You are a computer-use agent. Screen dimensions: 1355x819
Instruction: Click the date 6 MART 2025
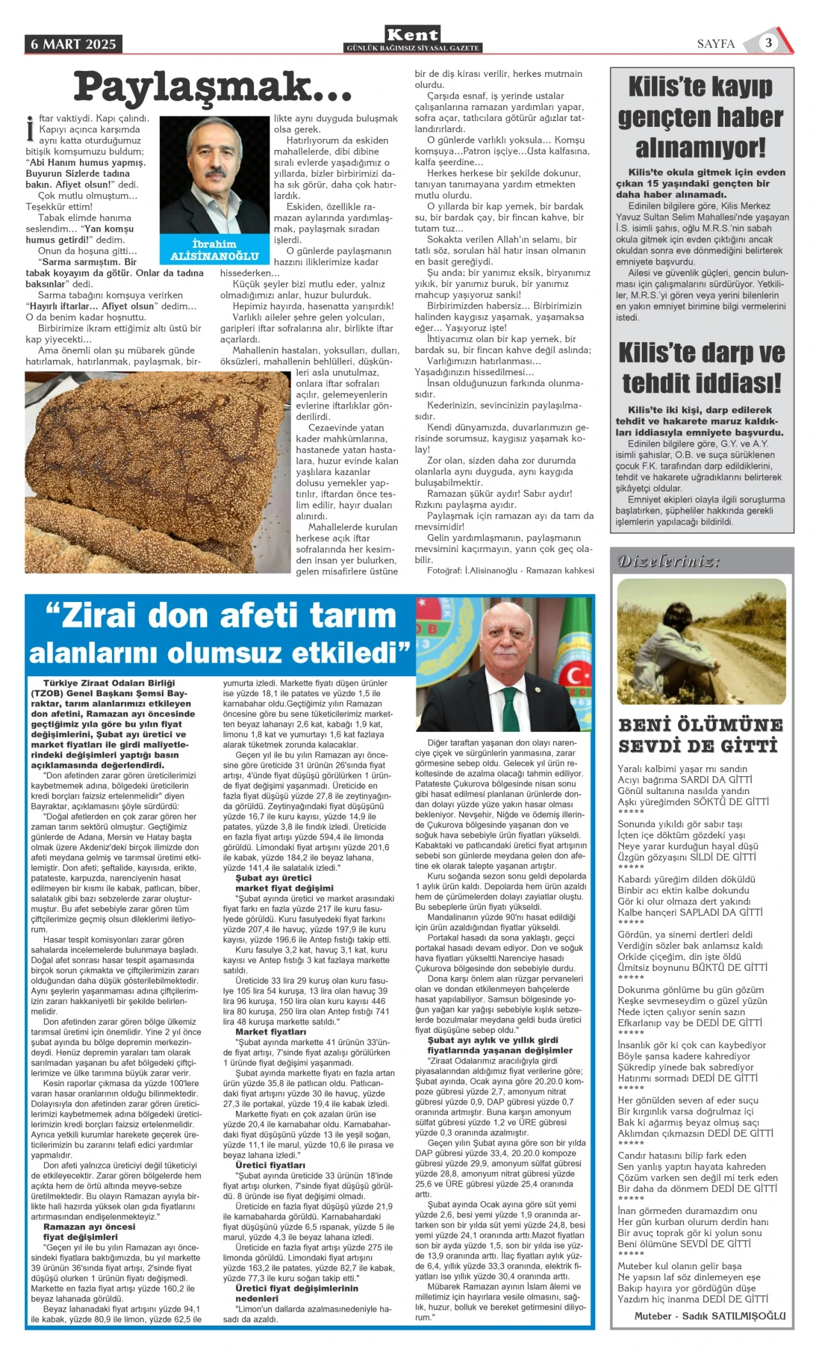click(x=74, y=44)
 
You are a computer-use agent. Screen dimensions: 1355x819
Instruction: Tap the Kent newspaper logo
click(x=413, y=36)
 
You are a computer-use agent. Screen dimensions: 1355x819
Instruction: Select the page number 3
click(x=768, y=43)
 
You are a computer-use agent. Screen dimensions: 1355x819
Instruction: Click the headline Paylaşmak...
click(x=212, y=88)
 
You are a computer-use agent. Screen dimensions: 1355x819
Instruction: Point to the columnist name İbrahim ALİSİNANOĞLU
click(x=214, y=250)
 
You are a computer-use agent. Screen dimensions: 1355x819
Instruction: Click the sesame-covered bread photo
click(x=157, y=472)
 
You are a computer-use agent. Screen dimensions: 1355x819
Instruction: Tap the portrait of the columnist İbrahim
click(x=215, y=175)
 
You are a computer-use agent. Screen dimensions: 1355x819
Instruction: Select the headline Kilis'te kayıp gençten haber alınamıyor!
click(x=701, y=117)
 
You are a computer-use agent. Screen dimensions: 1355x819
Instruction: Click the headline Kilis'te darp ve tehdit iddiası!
click(x=701, y=368)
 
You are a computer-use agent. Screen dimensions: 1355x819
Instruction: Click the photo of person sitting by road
click(x=701, y=642)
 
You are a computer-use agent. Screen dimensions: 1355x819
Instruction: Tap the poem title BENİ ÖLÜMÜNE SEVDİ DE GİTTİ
click(x=701, y=735)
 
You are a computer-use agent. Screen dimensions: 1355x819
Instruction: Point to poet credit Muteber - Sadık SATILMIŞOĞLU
click(x=710, y=1315)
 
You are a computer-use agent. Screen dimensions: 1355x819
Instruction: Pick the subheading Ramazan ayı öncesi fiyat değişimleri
click(x=90, y=1231)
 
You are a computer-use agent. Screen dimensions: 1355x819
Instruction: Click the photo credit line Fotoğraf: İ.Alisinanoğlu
click(x=510, y=570)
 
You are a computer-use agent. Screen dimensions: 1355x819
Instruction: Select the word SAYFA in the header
click(x=715, y=44)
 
